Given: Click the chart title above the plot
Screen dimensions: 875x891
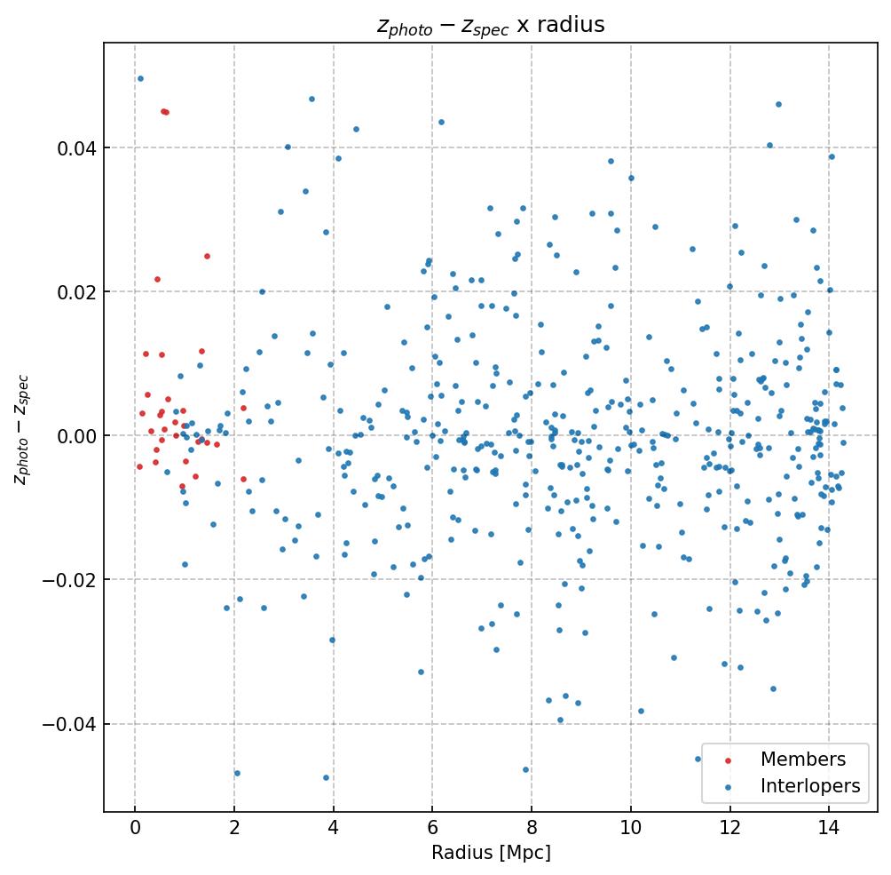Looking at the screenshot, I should (491, 25).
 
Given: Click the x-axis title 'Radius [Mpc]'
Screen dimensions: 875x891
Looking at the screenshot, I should (491, 853).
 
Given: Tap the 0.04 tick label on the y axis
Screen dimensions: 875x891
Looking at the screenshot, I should (75, 147).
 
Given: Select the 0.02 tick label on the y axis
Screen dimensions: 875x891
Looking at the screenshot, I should (75, 291).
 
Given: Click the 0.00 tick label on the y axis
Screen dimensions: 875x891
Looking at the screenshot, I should (75, 436).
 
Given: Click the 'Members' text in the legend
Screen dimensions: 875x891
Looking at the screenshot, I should (802, 760).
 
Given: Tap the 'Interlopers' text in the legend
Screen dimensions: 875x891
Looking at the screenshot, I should (809, 786).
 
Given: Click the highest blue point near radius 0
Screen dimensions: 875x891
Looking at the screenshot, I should (140, 78).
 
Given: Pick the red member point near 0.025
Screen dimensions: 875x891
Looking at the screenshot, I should (207, 256).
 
